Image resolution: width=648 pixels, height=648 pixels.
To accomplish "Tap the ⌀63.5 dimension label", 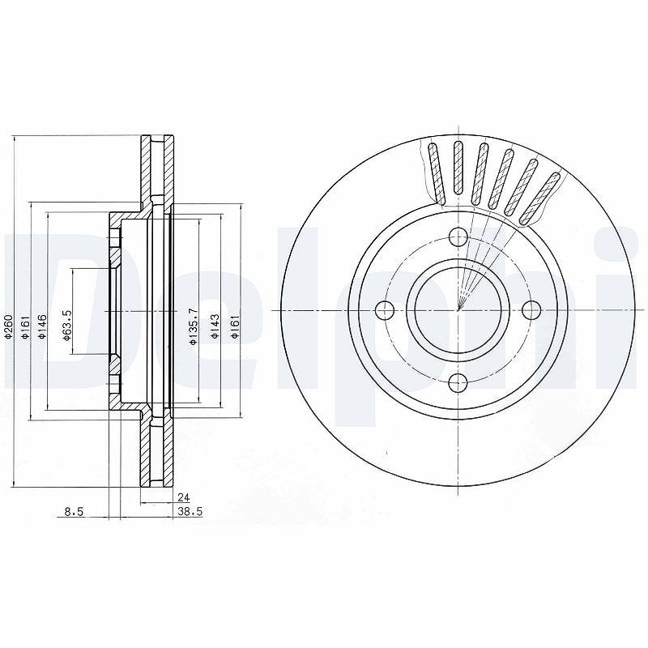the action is [67, 326].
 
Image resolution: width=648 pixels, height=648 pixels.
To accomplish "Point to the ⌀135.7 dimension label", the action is [193, 326].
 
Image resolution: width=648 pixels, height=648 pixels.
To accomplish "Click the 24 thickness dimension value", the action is [183, 497].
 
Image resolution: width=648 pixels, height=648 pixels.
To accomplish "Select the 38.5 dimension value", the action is [190, 512].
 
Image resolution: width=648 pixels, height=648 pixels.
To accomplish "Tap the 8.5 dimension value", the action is [75, 512].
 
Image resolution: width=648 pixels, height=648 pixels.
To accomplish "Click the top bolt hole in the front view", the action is [458, 237].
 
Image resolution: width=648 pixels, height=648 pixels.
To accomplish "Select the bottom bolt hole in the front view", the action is [458, 382].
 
